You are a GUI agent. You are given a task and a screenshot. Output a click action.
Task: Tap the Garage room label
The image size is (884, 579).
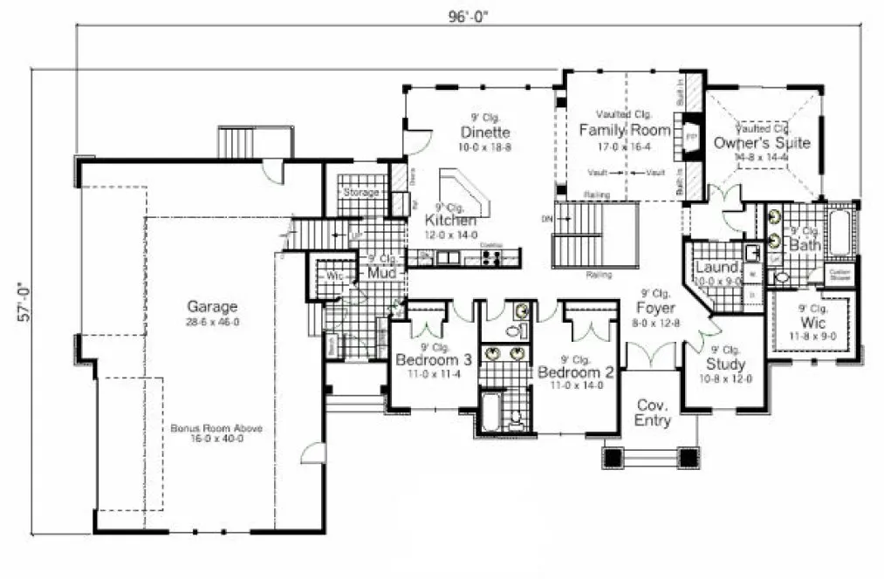pyautogui.click(x=212, y=306)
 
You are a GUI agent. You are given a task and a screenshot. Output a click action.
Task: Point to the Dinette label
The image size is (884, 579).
pyautogui.click(x=485, y=133)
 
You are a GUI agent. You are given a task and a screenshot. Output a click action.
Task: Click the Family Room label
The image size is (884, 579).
pyautogui.click(x=625, y=131)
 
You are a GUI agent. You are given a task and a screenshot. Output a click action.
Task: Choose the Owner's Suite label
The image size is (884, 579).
pyautogui.click(x=762, y=143)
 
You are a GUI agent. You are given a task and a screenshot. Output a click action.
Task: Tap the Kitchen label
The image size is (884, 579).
pyautogui.click(x=451, y=221)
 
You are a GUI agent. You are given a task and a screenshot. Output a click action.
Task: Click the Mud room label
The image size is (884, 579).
pyautogui.click(x=382, y=273)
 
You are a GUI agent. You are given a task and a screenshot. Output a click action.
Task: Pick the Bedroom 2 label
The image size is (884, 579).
pyautogui.click(x=576, y=371)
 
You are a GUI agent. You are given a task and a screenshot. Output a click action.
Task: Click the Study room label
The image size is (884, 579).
pyautogui.click(x=726, y=364)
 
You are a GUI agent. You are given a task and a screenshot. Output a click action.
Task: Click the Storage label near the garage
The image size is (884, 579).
pyautogui.click(x=361, y=192)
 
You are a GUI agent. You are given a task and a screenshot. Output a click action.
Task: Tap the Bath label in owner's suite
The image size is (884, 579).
pyautogui.click(x=805, y=246)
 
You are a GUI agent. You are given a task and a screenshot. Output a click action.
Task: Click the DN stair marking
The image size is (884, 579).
pyautogui.click(x=547, y=216)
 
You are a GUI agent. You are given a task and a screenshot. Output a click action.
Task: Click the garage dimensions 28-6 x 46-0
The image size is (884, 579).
pyautogui.click(x=212, y=322)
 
